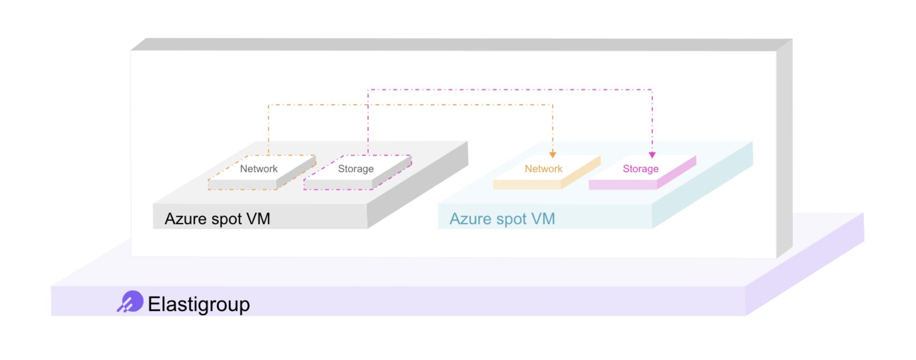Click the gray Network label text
(x=258, y=169)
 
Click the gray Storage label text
(x=356, y=169)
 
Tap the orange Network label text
(x=544, y=169)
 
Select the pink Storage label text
(x=640, y=169)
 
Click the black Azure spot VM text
(x=217, y=219)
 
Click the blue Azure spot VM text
(x=502, y=219)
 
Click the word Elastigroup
(x=199, y=304)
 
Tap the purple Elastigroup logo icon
(x=130, y=302)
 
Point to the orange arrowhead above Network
(x=552, y=155)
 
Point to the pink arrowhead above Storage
(x=652, y=155)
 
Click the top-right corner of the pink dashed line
(x=652, y=90)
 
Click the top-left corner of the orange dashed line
(x=269, y=105)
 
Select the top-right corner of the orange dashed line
(x=552, y=105)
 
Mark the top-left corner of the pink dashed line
(x=368, y=90)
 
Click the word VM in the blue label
(x=543, y=219)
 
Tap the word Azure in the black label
(x=186, y=219)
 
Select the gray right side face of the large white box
(x=784, y=150)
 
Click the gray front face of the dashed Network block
(x=242, y=185)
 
